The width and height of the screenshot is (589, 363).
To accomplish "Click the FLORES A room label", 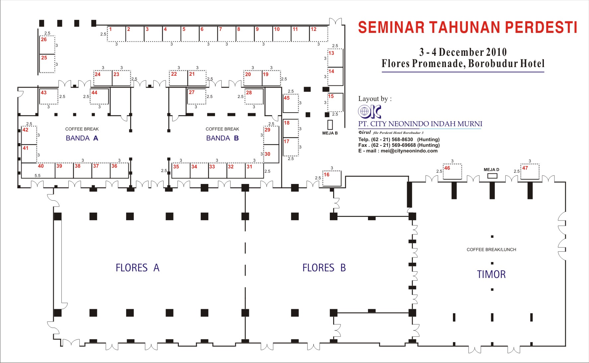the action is [137, 268].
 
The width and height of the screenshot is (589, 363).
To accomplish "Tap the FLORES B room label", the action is [324, 268].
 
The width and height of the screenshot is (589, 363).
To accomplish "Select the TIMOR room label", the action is [491, 274].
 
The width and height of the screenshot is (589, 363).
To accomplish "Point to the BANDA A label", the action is [82, 138].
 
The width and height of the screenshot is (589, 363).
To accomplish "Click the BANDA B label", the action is [222, 138].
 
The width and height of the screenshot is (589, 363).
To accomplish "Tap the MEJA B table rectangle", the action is [330, 125].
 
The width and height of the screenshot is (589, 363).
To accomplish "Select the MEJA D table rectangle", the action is [492, 176].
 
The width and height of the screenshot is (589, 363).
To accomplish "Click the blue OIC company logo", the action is [370, 112].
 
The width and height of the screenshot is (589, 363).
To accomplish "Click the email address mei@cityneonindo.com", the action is [409, 151].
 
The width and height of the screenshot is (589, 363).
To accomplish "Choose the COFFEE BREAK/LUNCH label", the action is [491, 250].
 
